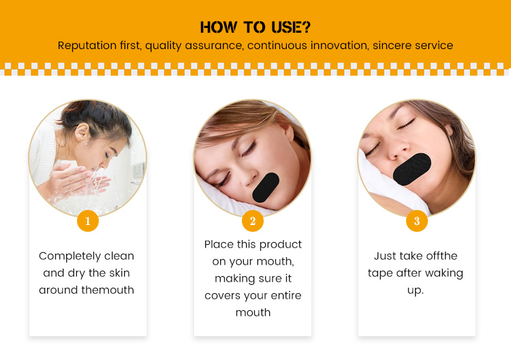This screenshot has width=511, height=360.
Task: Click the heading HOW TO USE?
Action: pos(255,27)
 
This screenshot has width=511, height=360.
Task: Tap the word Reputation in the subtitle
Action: pos(87,45)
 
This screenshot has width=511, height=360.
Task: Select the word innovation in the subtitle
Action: pos(339,45)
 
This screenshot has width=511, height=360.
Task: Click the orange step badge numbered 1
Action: pos(88,221)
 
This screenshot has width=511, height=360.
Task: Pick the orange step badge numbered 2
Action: pos(253,221)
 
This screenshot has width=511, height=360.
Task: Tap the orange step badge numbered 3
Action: pos(417,221)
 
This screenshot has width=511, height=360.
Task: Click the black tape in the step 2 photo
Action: pos(266,187)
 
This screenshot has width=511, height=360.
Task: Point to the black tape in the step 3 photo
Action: pos(412,169)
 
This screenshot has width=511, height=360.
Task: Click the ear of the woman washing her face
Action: pos(82,132)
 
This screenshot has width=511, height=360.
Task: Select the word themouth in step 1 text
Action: pos(108,290)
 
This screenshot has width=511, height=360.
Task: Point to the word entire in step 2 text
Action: pos(285,295)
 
